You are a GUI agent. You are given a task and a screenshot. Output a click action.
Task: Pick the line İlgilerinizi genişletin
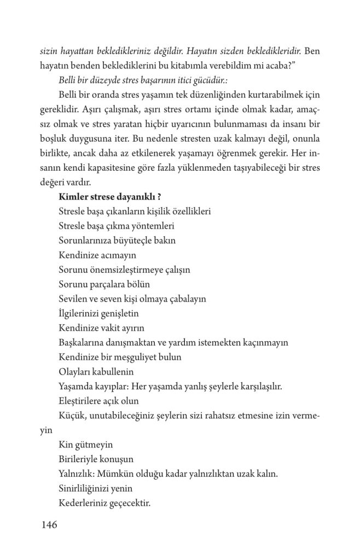point(98,313)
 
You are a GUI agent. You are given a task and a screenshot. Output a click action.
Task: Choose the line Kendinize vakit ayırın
point(100,328)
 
